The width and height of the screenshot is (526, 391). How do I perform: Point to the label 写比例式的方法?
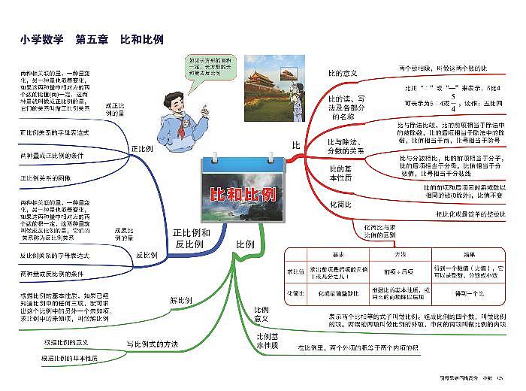[153, 344]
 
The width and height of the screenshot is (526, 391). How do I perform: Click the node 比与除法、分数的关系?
[346, 147]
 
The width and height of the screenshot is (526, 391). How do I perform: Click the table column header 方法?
[400, 255]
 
